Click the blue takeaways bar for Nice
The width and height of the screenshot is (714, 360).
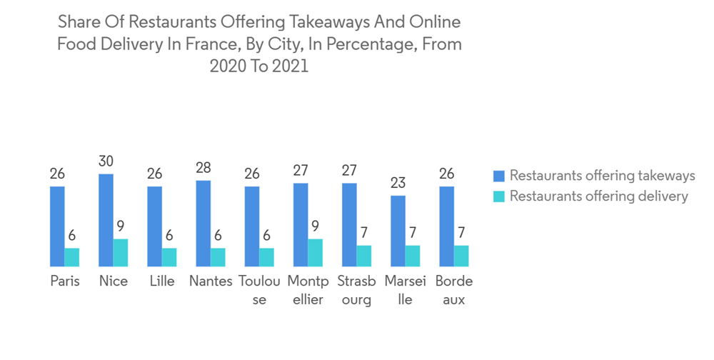(x=106, y=220)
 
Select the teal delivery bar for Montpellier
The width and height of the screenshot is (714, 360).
(x=315, y=252)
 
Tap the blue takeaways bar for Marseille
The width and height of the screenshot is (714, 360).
(x=398, y=231)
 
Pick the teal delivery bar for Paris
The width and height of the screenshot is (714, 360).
(x=72, y=257)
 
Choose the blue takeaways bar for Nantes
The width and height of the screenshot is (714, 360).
(x=203, y=223)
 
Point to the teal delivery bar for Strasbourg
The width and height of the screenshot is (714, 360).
(x=363, y=256)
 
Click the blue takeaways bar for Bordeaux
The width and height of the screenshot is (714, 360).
(x=446, y=226)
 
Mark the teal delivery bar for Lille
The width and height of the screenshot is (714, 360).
(x=169, y=257)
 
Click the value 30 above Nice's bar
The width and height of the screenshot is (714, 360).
(x=106, y=161)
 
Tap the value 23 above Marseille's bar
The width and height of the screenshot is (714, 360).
(x=398, y=183)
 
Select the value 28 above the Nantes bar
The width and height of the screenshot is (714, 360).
(x=203, y=168)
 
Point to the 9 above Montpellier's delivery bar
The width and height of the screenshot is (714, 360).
(x=315, y=226)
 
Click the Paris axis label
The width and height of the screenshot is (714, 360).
(x=65, y=281)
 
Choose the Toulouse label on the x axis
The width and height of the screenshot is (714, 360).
(x=259, y=290)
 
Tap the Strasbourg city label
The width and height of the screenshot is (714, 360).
(x=356, y=290)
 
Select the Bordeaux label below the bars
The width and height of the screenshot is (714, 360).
(x=453, y=290)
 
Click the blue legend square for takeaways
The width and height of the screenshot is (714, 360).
(x=499, y=176)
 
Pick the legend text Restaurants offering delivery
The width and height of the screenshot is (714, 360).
(x=598, y=196)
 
